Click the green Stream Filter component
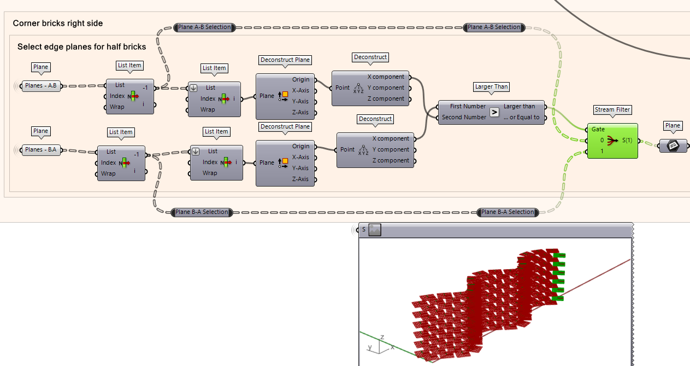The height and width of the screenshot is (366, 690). click(612, 140)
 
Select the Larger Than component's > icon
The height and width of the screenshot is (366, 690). click(494, 112)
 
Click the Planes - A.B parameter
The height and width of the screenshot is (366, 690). click(41, 86)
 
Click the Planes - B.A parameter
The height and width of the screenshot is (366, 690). click(41, 150)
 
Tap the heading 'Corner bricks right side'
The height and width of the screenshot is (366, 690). click(58, 24)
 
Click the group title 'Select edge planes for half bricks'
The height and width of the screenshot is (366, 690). click(81, 47)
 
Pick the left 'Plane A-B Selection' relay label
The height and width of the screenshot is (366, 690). click(204, 27)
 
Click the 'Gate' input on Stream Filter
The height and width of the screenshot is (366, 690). click(598, 130)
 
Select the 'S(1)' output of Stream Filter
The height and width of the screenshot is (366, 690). click(627, 141)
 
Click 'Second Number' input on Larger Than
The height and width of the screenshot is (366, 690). click(463, 117)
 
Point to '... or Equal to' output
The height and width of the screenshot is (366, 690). click(521, 117)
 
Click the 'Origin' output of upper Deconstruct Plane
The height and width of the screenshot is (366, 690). click(300, 80)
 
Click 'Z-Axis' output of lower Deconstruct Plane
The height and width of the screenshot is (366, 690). click(300, 179)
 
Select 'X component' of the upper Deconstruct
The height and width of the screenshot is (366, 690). click(386, 77)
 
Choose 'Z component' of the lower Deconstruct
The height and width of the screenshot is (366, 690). click(390, 161)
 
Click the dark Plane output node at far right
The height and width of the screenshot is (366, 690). click(673, 146)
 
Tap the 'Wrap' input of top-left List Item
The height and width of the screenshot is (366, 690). click(117, 107)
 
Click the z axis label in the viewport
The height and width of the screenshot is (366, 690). click(382, 337)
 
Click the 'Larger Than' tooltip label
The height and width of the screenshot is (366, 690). click(491, 87)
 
